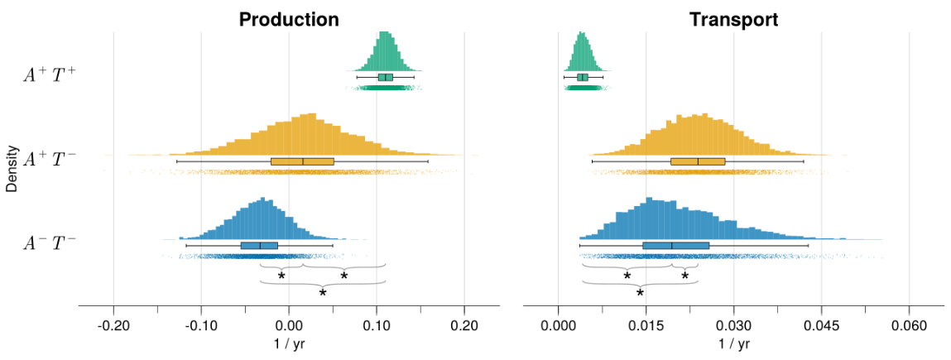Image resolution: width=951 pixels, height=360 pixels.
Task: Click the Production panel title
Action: point(289,19)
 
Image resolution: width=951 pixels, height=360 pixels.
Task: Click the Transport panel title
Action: point(733,19)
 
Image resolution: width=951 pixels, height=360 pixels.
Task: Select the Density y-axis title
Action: point(12,168)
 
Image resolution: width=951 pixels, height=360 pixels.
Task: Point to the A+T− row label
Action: point(50,159)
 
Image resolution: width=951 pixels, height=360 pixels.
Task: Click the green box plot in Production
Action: point(385,77)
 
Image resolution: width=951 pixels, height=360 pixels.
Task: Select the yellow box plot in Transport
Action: point(698,161)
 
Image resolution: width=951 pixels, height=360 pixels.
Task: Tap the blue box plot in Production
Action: point(259,246)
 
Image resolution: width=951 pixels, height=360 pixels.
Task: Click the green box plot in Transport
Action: point(583,77)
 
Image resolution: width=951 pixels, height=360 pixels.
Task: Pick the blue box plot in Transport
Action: point(675,246)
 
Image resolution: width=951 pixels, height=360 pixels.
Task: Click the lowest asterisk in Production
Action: point(323,293)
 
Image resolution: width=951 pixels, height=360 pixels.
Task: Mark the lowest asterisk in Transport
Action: point(640,293)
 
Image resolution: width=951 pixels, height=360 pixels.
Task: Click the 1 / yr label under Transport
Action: point(733,343)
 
